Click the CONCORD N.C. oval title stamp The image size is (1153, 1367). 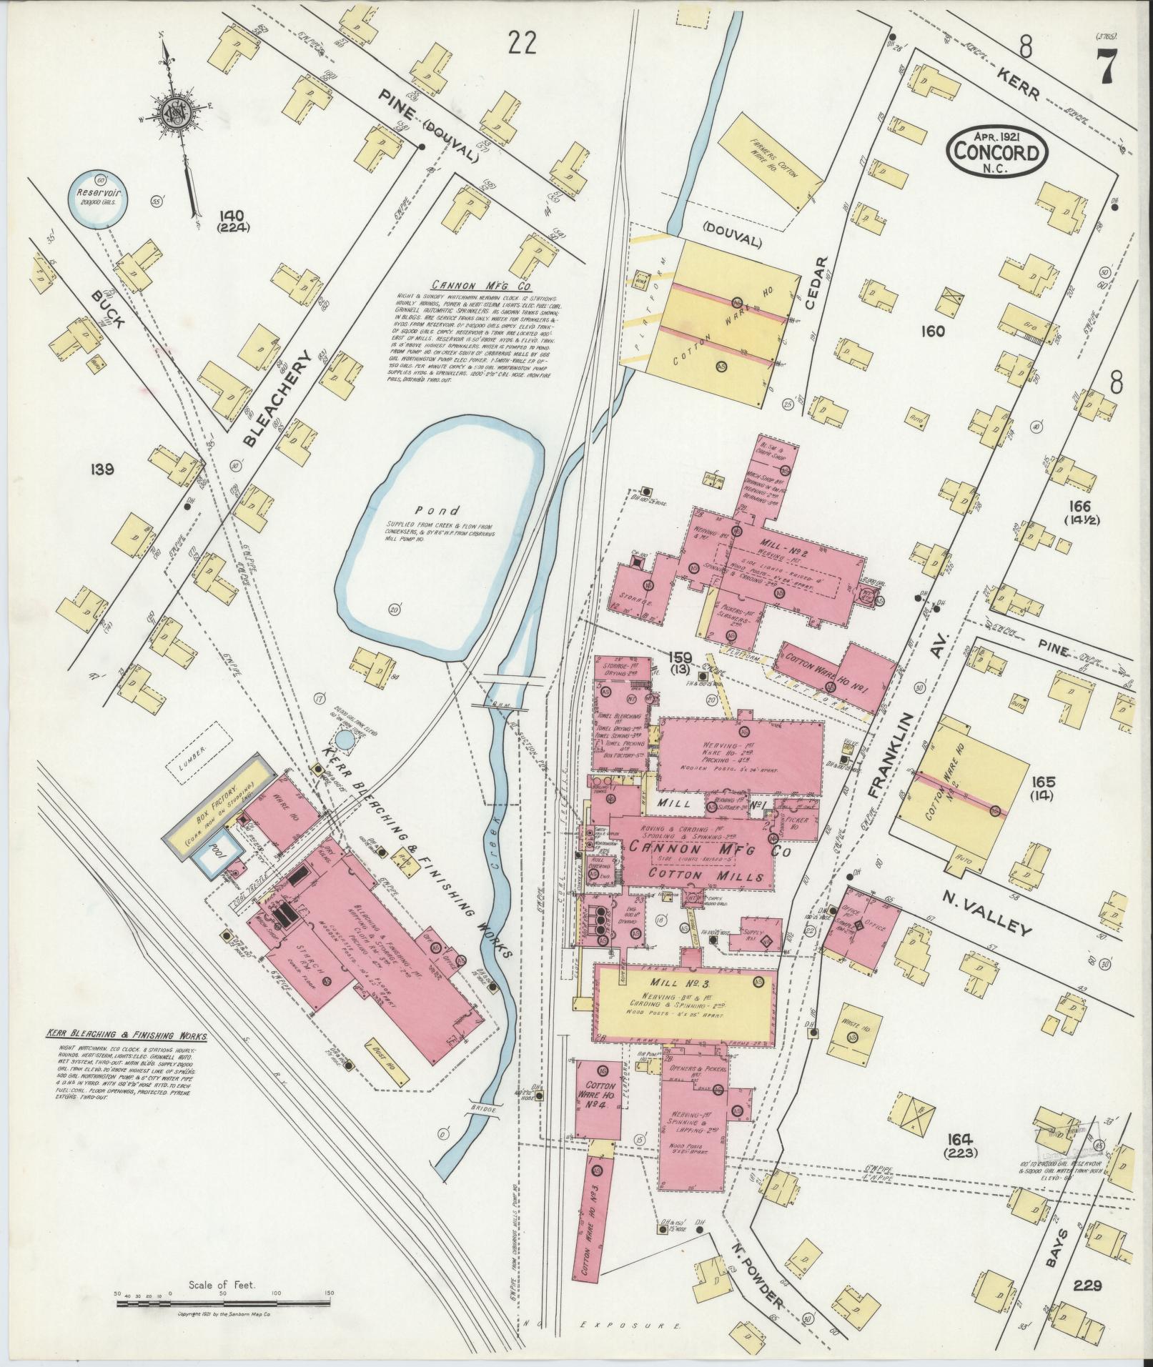(996, 151)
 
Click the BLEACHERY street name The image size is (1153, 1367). (278, 397)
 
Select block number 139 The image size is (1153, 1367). (103, 469)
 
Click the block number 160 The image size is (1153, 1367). (933, 331)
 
